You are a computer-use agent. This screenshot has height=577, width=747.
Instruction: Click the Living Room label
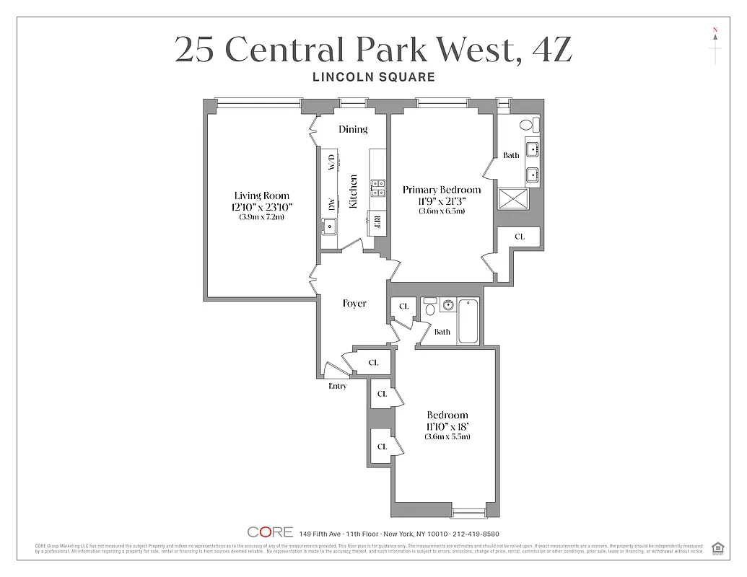261,195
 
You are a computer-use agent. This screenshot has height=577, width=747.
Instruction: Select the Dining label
353,129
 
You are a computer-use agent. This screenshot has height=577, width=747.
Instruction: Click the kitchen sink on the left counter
330,226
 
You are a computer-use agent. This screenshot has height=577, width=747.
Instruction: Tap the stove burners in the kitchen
377,188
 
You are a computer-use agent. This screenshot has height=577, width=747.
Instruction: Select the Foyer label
354,304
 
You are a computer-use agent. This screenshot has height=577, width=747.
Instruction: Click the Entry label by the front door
337,386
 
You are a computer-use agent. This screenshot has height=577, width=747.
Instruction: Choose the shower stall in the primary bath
514,198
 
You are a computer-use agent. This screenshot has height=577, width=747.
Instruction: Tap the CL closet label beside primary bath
520,237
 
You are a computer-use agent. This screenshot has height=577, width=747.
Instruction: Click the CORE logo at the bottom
270,532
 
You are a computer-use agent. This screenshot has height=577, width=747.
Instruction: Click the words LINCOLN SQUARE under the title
373,76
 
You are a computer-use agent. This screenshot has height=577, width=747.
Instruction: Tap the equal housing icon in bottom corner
717,547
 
